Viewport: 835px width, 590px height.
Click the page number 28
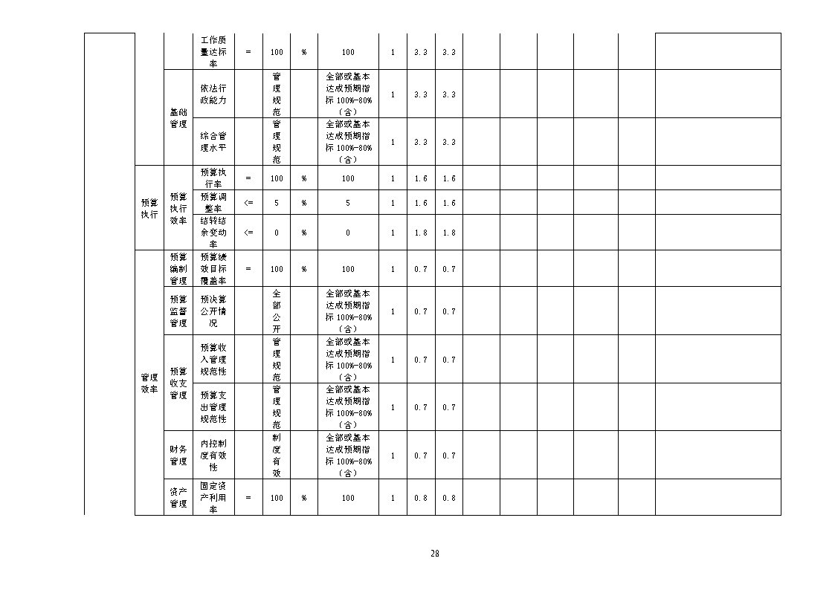434,554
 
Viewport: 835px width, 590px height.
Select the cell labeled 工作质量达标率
213,51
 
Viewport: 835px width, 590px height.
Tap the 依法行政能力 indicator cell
213,94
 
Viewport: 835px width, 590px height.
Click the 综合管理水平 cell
213,141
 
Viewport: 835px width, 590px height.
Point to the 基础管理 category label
178,118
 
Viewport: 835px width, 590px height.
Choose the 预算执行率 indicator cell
213,178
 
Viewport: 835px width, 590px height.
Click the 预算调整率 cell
213,203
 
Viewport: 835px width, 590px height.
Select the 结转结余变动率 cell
213,233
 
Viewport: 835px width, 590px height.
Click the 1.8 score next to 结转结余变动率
421,233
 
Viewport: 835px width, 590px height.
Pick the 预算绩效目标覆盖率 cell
213,269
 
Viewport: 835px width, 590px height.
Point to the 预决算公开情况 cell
213,311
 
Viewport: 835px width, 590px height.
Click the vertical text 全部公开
277,311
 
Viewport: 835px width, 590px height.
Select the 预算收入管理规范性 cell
213,359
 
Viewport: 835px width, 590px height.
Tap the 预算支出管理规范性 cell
213,407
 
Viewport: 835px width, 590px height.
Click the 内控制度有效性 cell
213,456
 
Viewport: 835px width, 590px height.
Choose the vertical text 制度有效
277,456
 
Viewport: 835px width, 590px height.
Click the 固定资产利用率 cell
213,497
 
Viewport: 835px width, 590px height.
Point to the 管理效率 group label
149,383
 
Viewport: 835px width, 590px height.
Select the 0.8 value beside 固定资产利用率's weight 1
421,498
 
